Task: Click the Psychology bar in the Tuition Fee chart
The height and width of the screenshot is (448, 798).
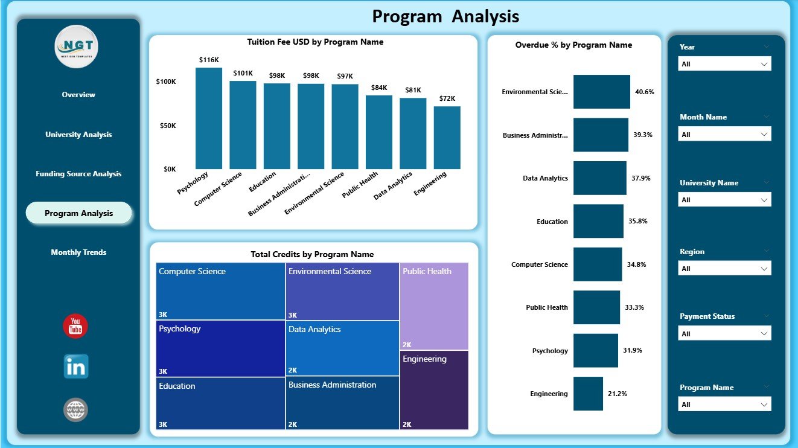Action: (x=208, y=118)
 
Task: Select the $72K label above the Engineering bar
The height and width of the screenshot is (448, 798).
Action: (x=447, y=98)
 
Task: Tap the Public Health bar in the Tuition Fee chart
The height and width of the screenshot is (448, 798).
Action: (x=379, y=132)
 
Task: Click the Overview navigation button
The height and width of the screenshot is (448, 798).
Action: (x=78, y=95)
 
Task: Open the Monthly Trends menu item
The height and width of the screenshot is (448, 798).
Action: (x=78, y=252)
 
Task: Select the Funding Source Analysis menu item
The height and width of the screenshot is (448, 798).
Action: (x=78, y=174)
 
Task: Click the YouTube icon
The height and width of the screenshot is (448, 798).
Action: (x=75, y=327)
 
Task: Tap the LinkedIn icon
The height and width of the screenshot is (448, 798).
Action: (x=76, y=366)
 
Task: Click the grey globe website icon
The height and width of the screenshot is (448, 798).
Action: (x=76, y=410)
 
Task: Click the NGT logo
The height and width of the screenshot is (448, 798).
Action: (x=76, y=47)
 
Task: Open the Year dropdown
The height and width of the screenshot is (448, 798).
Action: (x=724, y=64)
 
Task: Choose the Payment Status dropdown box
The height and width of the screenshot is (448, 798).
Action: (x=724, y=334)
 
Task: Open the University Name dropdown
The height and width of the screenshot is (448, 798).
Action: (x=724, y=200)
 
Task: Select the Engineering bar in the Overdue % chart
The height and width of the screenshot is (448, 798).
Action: (x=588, y=394)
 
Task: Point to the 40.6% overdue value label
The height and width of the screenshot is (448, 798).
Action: (x=644, y=92)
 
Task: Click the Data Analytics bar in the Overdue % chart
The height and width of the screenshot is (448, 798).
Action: (x=599, y=178)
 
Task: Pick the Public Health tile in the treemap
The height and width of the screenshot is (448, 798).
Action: (x=433, y=307)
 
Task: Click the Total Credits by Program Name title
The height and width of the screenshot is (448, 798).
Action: (x=312, y=255)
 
